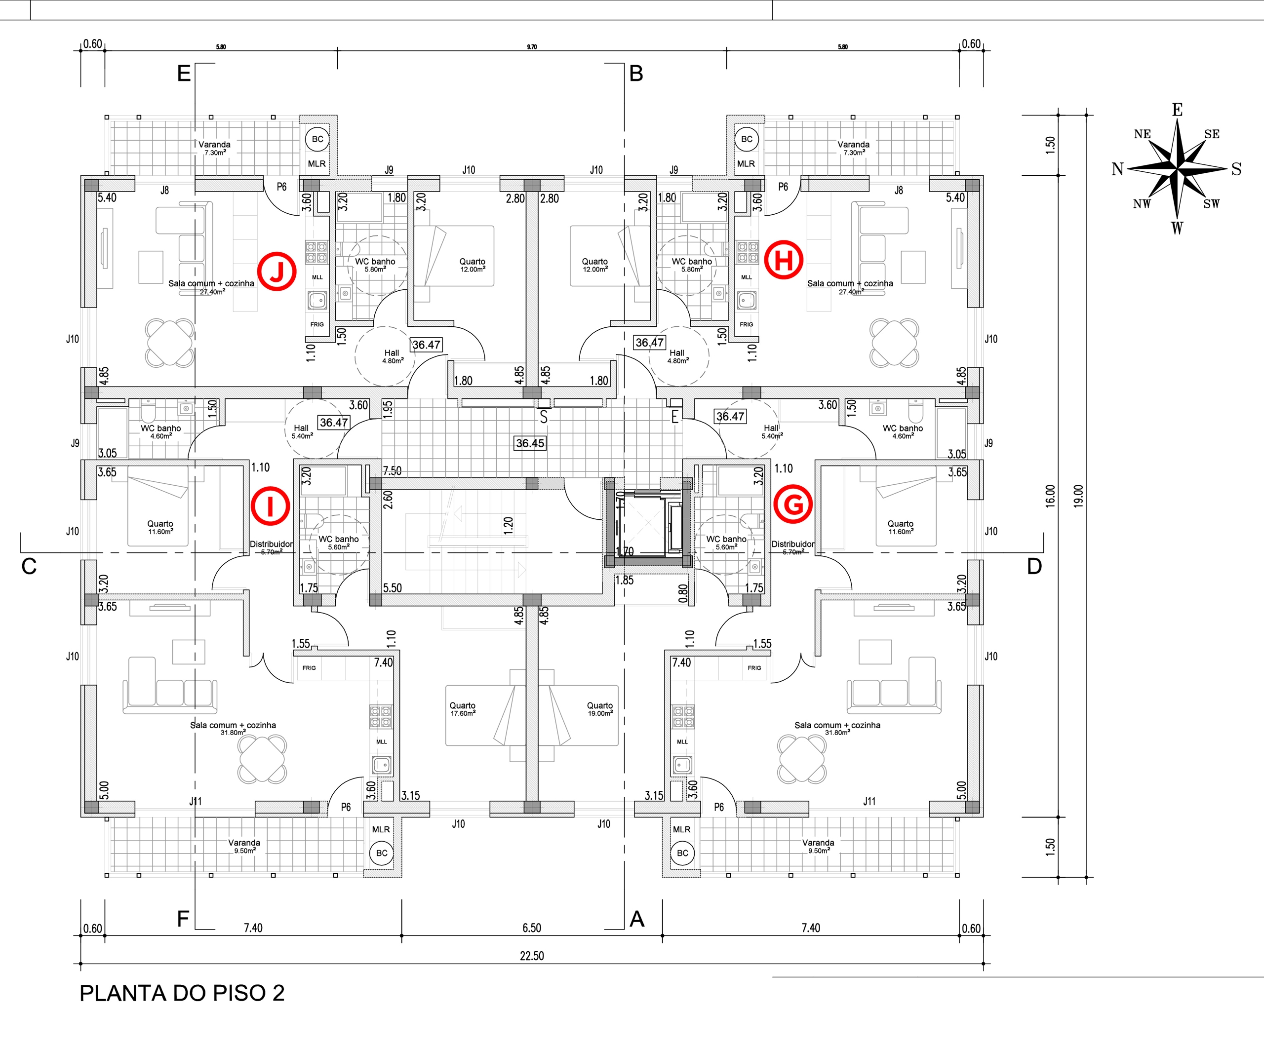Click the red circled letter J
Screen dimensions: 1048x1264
click(x=276, y=272)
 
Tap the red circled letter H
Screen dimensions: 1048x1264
click(x=784, y=260)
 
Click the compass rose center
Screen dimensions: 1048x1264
click(x=1177, y=169)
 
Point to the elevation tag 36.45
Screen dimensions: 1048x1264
click(x=530, y=443)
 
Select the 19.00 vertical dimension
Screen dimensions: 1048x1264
click(x=1078, y=496)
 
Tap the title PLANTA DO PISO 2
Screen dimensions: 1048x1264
click(x=182, y=993)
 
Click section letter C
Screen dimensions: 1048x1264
click(x=29, y=567)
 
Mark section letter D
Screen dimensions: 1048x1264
click(x=1034, y=567)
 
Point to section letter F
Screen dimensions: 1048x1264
click(x=183, y=919)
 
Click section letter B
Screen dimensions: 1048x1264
click(x=636, y=74)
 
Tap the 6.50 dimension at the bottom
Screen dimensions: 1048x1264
click(x=531, y=928)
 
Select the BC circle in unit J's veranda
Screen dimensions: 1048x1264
click(x=317, y=139)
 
